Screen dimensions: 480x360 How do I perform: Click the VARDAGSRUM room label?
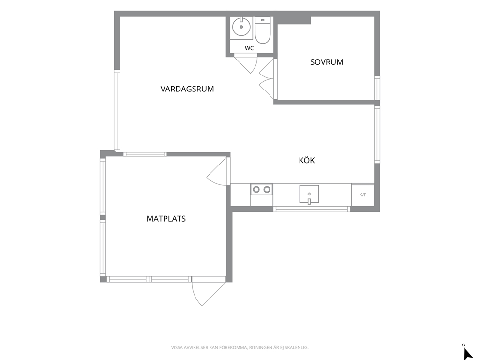point(187,89)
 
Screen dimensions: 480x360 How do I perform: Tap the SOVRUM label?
point(327,62)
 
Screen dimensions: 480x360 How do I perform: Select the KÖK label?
point(306,160)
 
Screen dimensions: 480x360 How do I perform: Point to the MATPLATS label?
point(166,219)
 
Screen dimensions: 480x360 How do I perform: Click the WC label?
point(249,48)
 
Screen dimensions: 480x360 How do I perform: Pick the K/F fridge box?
point(363,195)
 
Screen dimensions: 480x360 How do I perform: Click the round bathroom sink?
point(241,27)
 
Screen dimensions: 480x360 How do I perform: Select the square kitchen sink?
point(309,194)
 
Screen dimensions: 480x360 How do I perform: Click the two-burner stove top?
point(261,190)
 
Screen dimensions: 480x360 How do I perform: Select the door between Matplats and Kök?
point(218,171)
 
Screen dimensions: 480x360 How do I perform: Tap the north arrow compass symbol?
point(468,352)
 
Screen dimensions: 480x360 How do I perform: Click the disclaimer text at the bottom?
point(240,347)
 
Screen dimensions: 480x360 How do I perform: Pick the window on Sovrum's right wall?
point(377,88)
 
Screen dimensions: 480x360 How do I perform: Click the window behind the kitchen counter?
point(312,209)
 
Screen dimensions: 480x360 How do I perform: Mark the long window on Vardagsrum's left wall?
point(117,110)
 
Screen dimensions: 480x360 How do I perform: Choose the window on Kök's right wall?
point(377,135)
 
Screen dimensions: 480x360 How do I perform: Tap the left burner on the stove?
point(256,190)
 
